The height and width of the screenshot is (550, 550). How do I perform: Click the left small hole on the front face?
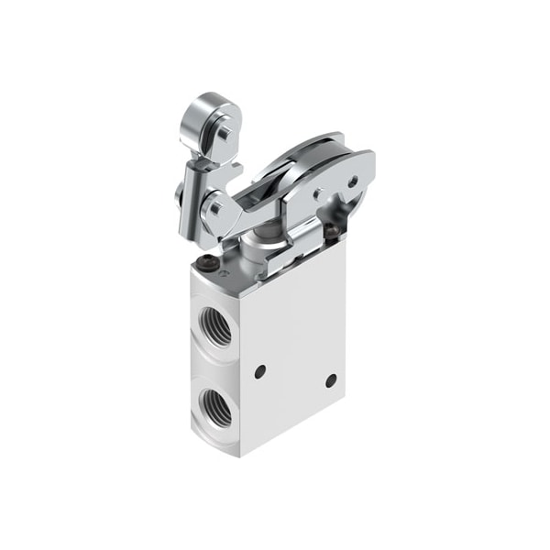[259, 370]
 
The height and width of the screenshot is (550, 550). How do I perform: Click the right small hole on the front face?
[331, 379]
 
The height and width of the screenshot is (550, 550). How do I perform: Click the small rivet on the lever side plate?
[318, 194]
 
